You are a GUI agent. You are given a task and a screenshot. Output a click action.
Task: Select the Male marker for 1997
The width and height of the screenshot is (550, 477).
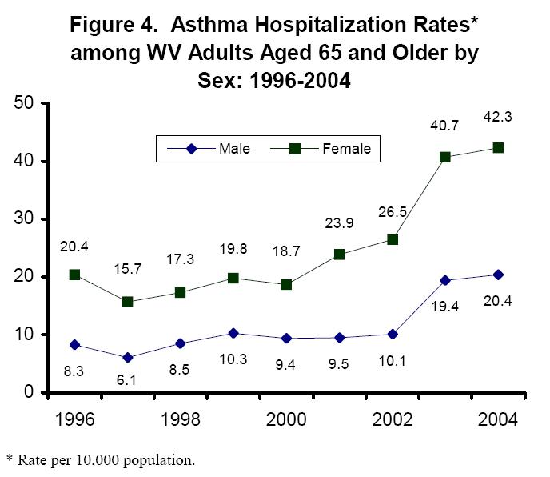(127, 357)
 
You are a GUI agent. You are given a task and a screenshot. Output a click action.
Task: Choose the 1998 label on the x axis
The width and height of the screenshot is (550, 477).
(180, 420)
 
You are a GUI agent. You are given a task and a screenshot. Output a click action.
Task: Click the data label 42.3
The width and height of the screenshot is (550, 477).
(498, 117)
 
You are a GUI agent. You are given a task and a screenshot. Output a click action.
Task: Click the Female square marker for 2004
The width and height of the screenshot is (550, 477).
(498, 148)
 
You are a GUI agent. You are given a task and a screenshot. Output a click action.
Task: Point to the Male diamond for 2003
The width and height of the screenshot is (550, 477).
(445, 280)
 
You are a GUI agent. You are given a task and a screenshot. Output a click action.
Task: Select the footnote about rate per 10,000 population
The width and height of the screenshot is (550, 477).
(100, 460)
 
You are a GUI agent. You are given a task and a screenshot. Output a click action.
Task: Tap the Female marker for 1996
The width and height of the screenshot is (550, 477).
(74, 275)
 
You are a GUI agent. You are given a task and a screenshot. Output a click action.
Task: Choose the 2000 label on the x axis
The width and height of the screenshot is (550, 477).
(286, 420)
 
